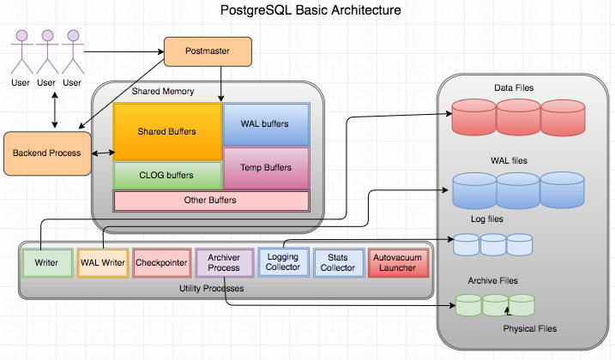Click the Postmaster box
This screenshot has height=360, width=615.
click(208, 53)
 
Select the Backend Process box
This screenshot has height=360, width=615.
click(47, 153)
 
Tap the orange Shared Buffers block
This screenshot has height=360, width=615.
click(167, 132)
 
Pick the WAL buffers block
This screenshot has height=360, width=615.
click(266, 123)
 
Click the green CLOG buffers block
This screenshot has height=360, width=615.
click(167, 175)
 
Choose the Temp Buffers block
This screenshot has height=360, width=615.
click(266, 168)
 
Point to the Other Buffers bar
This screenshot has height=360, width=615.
click(211, 201)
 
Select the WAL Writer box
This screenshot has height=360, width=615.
click(102, 263)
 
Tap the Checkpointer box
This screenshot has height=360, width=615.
click(161, 263)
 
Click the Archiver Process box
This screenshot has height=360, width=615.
click(224, 262)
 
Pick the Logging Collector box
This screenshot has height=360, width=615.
click(283, 262)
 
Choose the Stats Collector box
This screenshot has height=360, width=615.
click(338, 262)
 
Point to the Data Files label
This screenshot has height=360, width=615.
click(515, 89)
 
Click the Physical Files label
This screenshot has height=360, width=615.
click(529, 328)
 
